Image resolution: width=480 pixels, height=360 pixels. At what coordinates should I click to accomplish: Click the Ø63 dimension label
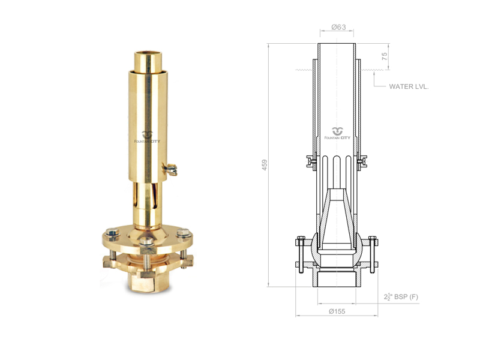338,27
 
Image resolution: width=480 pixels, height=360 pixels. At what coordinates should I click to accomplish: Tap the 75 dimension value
385,56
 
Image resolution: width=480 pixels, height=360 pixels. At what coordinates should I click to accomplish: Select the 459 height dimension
265,164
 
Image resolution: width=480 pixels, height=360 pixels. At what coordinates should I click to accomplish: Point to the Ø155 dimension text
337,311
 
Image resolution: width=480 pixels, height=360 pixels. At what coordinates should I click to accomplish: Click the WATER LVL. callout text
409,86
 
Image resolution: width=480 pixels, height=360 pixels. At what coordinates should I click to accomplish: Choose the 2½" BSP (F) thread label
401,296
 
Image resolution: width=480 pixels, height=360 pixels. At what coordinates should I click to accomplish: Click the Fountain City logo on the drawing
337,134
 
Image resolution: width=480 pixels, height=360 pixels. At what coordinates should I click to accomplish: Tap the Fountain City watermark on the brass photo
147,137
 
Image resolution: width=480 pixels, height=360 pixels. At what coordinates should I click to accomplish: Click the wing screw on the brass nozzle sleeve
170,169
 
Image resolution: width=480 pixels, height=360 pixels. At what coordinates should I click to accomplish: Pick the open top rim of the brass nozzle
148,55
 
